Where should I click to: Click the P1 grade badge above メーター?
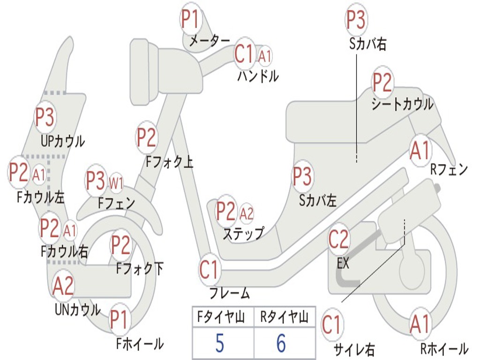(x=190, y=19)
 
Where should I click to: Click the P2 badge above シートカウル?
(x=382, y=82)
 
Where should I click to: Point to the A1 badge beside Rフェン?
(x=420, y=150)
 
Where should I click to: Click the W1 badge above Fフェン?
(x=116, y=183)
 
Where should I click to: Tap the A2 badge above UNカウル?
(x=63, y=285)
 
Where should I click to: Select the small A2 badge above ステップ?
(x=247, y=213)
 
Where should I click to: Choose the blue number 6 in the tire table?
(x=281, y=343)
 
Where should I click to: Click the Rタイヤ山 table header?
(x=284, y=316)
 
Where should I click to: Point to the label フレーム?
(x=230, y=293)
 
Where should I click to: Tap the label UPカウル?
(x=62, y=142)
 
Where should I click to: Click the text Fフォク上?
(x=169, y=162)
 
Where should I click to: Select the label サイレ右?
(x=354, y=349)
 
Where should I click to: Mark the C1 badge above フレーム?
(x=210, y=270)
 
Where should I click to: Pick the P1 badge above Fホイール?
(x=119, y=319)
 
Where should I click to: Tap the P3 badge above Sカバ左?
(x=302, y=177)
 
